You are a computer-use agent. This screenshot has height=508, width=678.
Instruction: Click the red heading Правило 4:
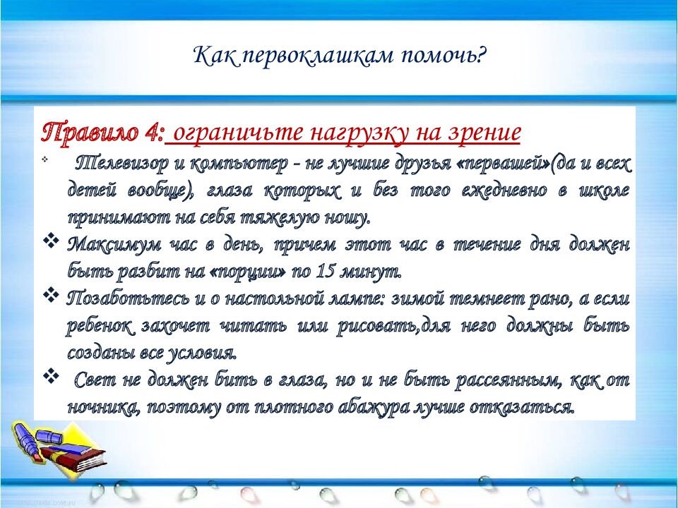tap(104, 132)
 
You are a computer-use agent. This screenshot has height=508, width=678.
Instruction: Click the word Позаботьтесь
tap(121, 297)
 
